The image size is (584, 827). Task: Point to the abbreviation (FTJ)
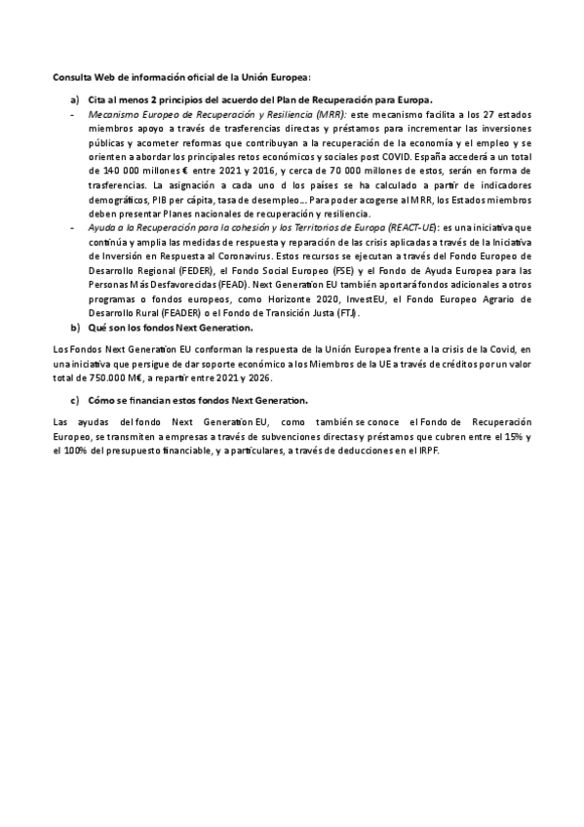point(345,313)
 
